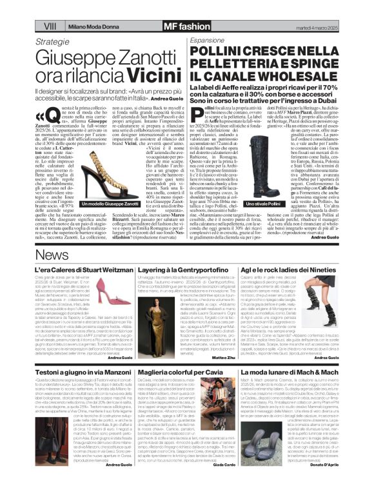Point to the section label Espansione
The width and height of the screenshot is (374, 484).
(206, 40)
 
